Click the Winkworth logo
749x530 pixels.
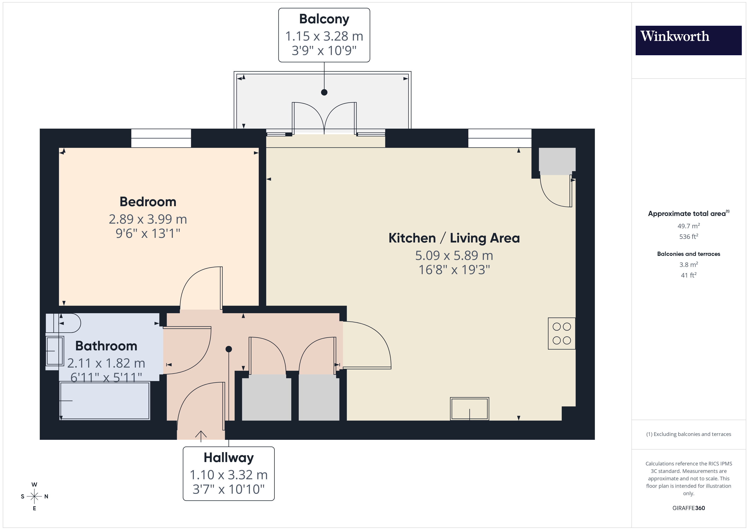coord(688,40)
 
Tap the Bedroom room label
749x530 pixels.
coord(148,202)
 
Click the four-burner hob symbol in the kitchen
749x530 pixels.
coord(561,333)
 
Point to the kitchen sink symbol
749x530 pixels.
coord(469,408)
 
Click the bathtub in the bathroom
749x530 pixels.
coord(104,400)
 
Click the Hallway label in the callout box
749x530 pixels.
coord(228,458)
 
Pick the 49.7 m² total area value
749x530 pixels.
coord(688,226)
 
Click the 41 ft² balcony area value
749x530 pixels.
coord(688,275)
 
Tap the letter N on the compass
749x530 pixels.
coord(46,496)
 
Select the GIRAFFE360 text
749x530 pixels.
coord(688,508)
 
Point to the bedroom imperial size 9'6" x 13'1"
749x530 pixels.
coord(148,233)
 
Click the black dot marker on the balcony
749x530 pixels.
coord(324,92)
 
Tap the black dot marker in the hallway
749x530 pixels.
coord(229,349)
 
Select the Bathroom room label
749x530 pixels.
coord(106,346)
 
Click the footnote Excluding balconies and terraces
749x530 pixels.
coord(688,434)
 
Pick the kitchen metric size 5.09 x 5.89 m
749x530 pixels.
coord(454,255)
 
